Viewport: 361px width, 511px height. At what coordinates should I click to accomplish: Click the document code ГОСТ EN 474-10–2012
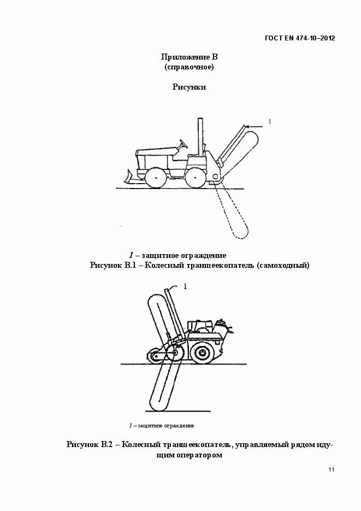click(x=300, y=38)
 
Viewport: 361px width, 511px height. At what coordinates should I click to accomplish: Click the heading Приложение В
click(x=189, y=57)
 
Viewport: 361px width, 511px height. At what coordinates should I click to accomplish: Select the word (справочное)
click(x=189, y=67)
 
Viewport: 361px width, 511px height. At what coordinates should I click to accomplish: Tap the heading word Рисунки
click(x=189, y=87)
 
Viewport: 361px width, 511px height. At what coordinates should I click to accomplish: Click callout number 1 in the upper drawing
click(x=270, y=121)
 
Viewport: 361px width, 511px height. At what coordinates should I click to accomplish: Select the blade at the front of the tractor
click(x=131, y=177)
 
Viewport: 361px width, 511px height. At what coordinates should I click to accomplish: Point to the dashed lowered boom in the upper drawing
click(x=233, y=214)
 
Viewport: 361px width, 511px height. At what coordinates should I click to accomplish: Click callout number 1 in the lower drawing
click(x=185, y=286)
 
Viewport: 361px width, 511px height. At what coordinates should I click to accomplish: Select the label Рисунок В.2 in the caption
click(x=90, y=444)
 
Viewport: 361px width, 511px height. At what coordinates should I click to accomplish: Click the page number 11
click(x=332, y=469)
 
